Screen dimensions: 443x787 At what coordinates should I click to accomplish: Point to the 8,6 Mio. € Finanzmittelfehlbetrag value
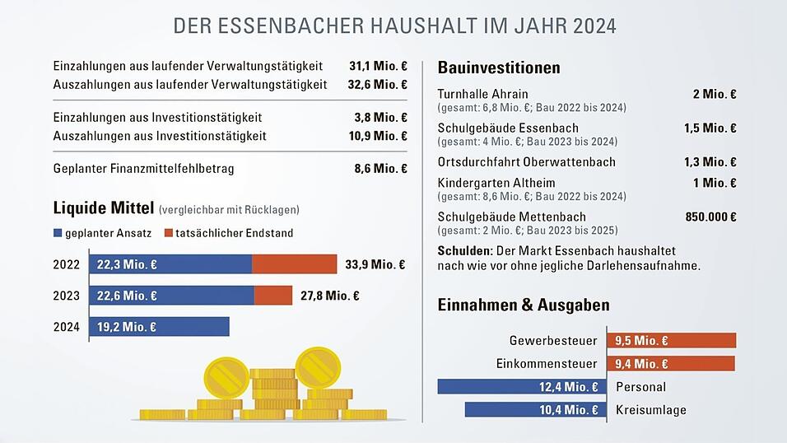380,169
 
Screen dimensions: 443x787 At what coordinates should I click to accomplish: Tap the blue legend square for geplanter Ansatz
58,233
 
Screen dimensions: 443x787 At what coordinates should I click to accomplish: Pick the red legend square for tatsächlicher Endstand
168,233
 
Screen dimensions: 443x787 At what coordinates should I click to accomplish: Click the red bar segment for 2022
294,264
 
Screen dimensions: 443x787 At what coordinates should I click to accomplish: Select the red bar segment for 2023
272,296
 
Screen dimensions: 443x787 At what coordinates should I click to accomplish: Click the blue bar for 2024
158,327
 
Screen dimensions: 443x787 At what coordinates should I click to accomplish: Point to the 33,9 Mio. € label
375,264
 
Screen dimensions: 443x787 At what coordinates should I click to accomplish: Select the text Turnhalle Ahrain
483,94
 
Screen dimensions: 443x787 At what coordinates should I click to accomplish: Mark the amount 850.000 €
710,217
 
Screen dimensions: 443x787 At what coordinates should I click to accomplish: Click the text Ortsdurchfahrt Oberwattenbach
527,161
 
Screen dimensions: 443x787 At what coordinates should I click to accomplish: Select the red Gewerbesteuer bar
671,341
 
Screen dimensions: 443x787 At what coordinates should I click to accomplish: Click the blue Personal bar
522,387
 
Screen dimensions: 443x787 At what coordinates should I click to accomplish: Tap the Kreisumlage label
650,410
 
